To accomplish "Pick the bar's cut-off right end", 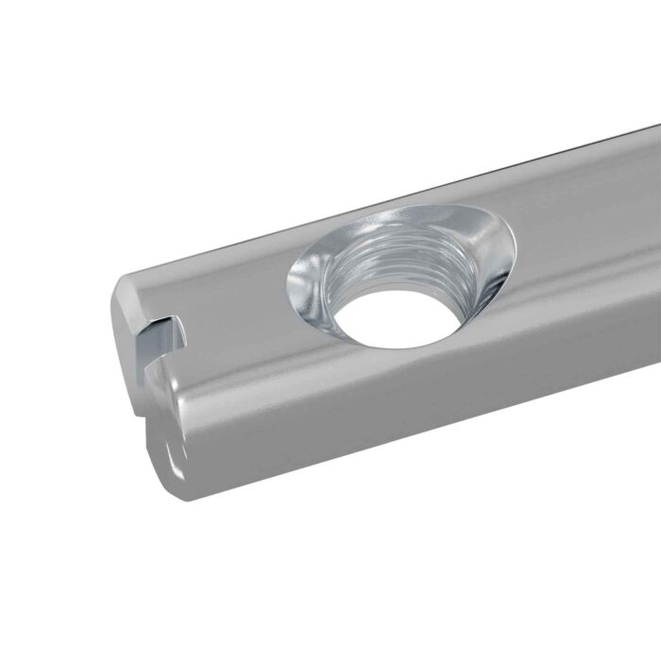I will point(655,283).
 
